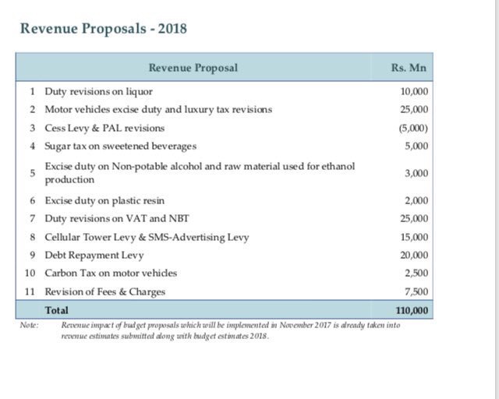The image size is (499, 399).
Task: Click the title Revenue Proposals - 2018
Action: pyautogui.click(x=103, y=30)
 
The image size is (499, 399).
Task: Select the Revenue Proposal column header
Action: pyautogui.click(x=193, y=68)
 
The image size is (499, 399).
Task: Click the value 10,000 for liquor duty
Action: pyautogui.click(x=414, y=91)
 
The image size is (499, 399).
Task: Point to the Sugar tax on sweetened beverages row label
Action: pyautogui.click(x=120, y=146)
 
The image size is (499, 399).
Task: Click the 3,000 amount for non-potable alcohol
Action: pyautogui.click(x=417, y=173)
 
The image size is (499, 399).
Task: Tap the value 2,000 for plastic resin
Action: pyautogui.click(x=417, y=200)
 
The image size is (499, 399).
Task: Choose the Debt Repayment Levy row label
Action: pyautogui.click(x=92, y=255)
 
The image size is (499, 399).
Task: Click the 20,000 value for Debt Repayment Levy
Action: pyautogui.click(x=414, y=255)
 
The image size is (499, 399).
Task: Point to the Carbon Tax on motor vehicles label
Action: pyautogui.click(x=111, y=273)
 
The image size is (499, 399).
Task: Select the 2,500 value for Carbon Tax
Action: pyautogui.click(x=417, y=273)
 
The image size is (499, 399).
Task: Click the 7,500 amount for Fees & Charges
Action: pyautogui.click(x=417, y=291)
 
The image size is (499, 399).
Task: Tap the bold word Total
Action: pyautogui.click(x=56, y=310)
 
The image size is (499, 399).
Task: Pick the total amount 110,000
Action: pyautogui.click(x=411, y=310)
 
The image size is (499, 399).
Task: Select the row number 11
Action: pyautogui.click(x=30, y=291)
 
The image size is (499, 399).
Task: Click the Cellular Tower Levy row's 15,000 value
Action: pyautogui.click(x=414, y=237)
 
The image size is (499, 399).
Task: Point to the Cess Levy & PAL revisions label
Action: pyautogui.click(x=104, y=128)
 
